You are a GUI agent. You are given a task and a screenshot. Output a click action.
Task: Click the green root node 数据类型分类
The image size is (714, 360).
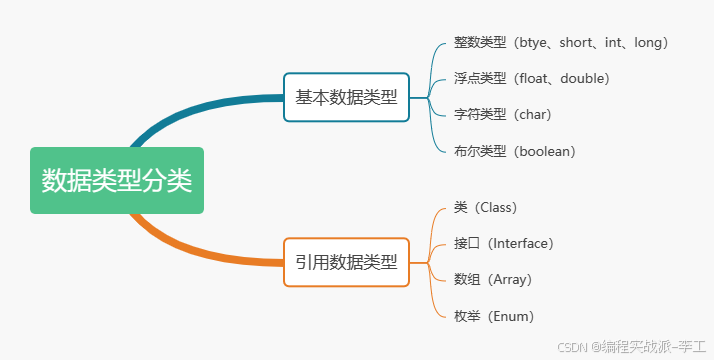(117, 181)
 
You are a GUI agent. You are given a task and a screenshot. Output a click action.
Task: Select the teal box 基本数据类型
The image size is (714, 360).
(346, 98)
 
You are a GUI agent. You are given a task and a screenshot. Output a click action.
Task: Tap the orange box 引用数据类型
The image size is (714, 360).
(346, 263)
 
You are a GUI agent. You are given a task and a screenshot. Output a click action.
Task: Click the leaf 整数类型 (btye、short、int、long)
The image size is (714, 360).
(560, 43)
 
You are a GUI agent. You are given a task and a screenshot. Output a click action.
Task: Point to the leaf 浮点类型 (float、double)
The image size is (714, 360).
(531, 78)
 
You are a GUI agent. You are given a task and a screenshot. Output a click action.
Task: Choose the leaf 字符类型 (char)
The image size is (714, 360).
(502, 114)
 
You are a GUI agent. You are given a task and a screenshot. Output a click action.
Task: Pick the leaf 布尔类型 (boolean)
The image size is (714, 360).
(514, 151)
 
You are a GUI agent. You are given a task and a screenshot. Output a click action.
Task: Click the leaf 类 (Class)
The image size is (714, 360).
(484, 208)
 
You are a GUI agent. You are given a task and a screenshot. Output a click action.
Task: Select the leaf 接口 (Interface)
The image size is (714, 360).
(503, 243)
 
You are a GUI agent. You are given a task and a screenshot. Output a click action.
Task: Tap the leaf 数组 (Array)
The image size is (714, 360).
(492, 279)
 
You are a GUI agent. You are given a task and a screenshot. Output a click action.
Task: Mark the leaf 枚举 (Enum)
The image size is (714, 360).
(493, 316)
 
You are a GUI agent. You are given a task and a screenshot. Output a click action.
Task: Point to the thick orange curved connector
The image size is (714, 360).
(200, 250)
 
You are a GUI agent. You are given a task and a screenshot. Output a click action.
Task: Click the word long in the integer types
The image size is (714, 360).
(648, 43)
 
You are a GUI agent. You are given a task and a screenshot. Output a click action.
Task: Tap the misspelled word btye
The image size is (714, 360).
(535, 43)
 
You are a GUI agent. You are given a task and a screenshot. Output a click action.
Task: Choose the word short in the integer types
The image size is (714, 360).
(579, 43)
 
